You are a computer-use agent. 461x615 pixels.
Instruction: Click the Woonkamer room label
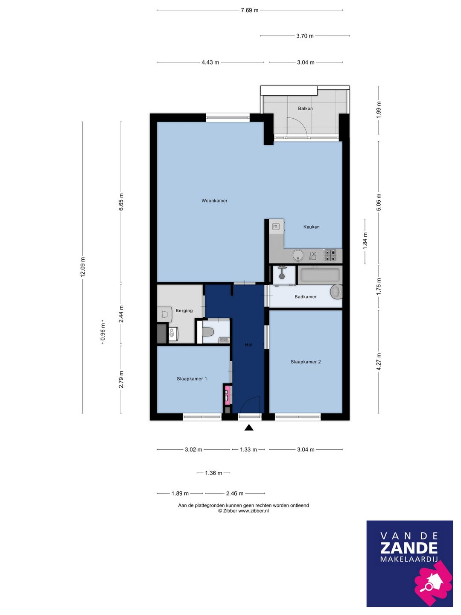[x=214, y=201]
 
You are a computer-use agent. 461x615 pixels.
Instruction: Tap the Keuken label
[x=311, y=227]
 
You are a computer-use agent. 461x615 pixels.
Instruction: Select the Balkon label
[x=305, y=108]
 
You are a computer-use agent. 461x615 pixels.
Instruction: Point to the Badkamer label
[x=305, y=297]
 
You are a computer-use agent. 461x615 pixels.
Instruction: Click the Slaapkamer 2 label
[x=306, y=362]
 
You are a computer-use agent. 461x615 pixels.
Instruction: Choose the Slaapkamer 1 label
[x=192, y=379]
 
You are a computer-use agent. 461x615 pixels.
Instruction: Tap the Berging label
[x=184, y=311]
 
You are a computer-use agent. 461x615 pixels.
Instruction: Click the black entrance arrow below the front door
[x=249, y=428]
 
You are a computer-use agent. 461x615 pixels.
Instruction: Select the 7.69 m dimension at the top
[x=250, y=10]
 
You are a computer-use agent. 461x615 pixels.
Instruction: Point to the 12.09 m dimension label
[x=82, y=267]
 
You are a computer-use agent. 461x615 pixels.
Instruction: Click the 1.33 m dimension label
[x=248, y=450]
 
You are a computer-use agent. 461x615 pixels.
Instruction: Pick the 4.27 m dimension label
[x=379, y=362]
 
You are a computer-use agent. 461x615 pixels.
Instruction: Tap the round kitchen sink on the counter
[x=298, y=255]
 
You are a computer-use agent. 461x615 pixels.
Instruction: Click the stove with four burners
[x=330, y=255]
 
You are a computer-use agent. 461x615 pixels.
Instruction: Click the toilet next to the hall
[x=207, y=332]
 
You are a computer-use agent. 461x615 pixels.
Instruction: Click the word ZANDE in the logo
[x=409, y=548]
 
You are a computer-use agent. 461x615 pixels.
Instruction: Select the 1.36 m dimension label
[x=213, y=473]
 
